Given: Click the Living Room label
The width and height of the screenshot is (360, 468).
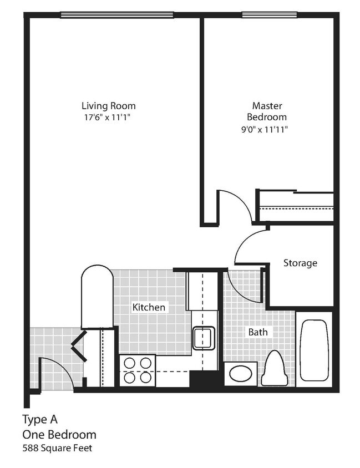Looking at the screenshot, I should click(x=108, y=105).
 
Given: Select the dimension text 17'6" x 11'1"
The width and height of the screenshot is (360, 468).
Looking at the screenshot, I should click(x=108, y=117).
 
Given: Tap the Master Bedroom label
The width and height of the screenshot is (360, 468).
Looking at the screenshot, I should click(x=267, y=111).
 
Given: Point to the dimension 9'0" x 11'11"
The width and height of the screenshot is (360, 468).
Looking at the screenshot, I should click(x=267, y=129).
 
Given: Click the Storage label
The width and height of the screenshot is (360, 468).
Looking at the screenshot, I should click(x=300, y=263).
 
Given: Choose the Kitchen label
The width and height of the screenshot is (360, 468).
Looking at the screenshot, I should click(x=148, y=307).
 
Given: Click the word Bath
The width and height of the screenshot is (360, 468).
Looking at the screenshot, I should click(x=257, y=332).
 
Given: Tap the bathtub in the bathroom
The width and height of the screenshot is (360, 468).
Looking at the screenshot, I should click(x=313, y=349).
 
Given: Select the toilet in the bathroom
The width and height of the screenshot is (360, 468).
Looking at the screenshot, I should click(x=275, y=368).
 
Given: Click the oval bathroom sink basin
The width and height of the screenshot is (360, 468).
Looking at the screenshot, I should click(x=241, y=373).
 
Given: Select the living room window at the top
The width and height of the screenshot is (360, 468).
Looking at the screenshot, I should click(x=115, y=15).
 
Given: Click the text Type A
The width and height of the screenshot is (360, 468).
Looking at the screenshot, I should click(x=39, y=419).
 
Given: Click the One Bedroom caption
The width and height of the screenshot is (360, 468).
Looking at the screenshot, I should click(x=59, y=434).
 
